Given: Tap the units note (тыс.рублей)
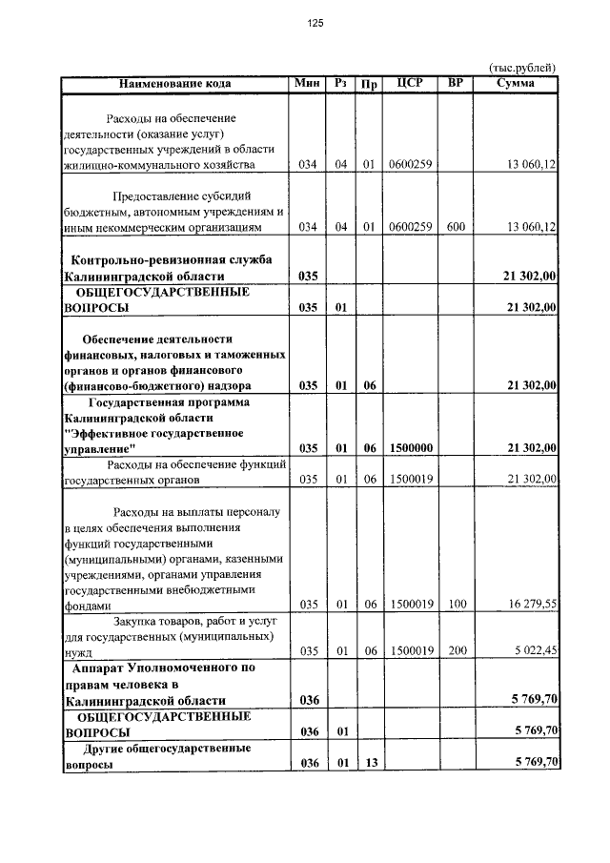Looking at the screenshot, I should pyautogui.click(x=521, y=68).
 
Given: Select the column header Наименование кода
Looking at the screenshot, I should pyautogui.click(x=175, y=84).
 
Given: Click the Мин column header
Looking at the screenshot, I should pyautogui.click(x=307, y=84).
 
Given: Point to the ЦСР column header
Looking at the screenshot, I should pyautogui.click(x=409, y=84).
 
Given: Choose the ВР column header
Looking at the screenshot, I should pyautogui.click(x=455, y=84).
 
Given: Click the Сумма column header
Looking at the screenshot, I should pyautogui.click(x=516, y=84).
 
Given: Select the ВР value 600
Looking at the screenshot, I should pyautogui.click(x=455, y=227).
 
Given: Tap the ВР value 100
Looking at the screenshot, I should pyautogui.click(x=455, y=604).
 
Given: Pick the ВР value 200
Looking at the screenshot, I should pyautogui.click(x=455, y=651).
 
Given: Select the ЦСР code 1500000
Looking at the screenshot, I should pyautogui.click(x=412, y=447).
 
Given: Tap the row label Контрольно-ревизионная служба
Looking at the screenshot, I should pyautogui.click(x=172, y=259).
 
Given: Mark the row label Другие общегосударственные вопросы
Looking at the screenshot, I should pyautogui.click(x=156, y=756).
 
